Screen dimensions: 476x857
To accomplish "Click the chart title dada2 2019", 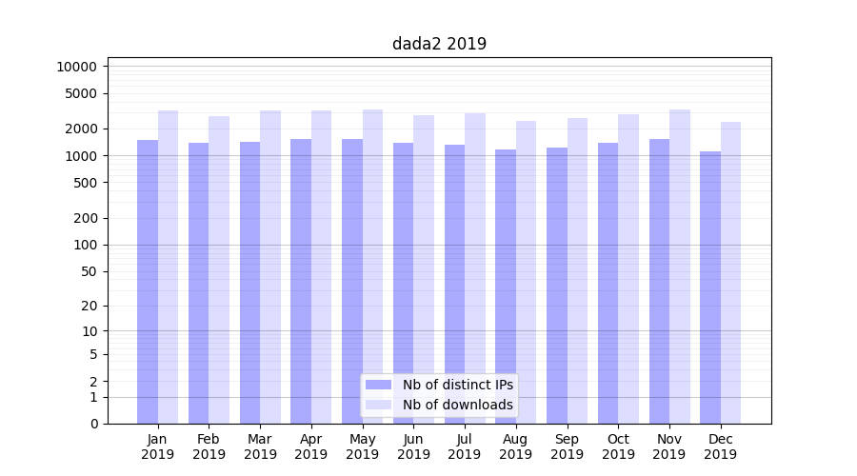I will [x=439, y=44].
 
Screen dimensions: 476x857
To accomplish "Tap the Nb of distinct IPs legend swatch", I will [x=378, y=385].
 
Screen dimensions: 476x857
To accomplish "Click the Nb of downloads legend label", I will [x=458, y=405].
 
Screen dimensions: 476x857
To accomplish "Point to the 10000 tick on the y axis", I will [x=76, y=67].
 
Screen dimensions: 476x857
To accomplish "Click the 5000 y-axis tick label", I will [x=80, y=93].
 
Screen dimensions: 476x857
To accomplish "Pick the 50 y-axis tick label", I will [x=88, y=271].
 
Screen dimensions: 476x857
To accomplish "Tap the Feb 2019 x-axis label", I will [x=209, y=446].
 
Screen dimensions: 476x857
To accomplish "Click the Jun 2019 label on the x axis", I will [x=413, y=446].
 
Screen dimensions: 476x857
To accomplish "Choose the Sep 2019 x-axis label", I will [x=567, y=446].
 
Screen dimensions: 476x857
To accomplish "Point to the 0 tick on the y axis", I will [x=93, y=424].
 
